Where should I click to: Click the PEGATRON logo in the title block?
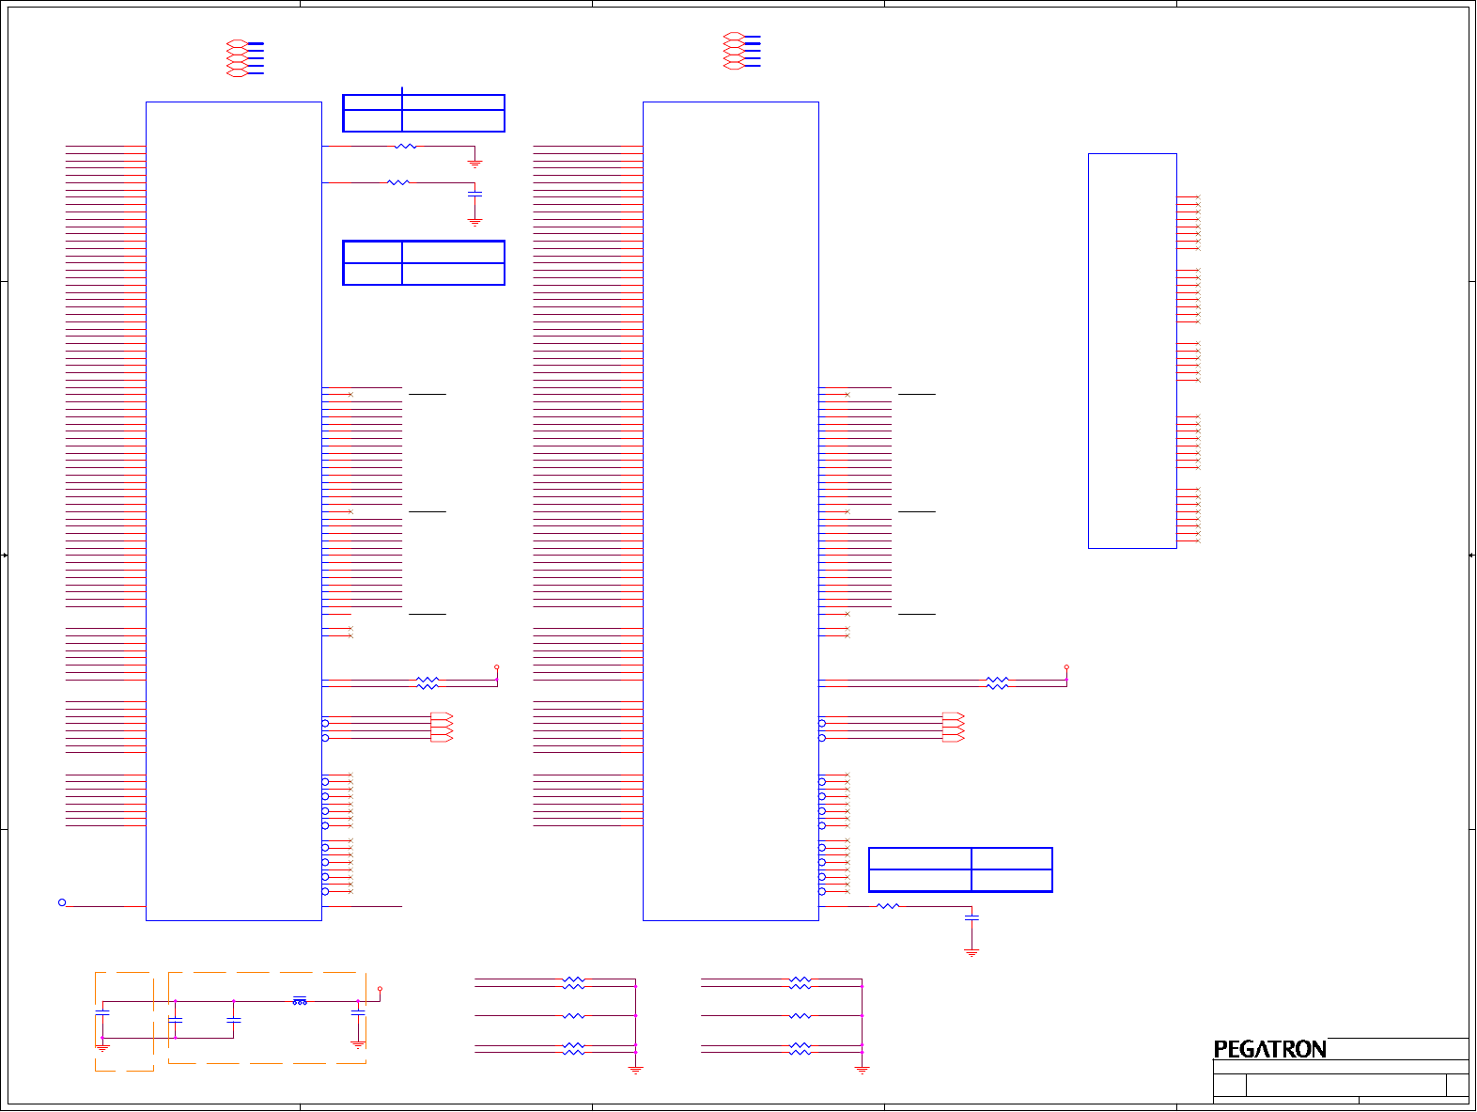pyautogui.click(x=1269, y=1049)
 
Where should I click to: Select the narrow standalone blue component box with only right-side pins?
pyautogui.click(x=1132, y=351)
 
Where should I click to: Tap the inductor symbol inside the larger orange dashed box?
pyautogui.click(x=300, y=1001)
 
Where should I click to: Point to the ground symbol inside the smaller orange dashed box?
pyautogui.click(x=103, y=1046)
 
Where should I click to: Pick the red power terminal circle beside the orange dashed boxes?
pyautogui.click(x=380, y=989)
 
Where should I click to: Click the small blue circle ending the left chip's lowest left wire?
pyautogui.click(x=62, y=902)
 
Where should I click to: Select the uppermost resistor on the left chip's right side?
pyautogui.click(x=406, y=147)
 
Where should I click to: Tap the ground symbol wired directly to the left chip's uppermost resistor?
pyautogui.click(x=474, y=164)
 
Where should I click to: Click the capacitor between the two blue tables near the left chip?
pyautogui.click(x=474, y=194)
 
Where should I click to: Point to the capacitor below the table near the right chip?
pyautogui.click(x=972, y=916)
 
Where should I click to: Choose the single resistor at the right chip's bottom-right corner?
pyautogui.click(x=888, y=906)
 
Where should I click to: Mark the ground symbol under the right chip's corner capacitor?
pyautogui.click(x=972, y=952)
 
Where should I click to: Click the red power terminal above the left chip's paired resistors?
pyautogui.click(x=497, y=667)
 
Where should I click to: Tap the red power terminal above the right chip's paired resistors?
pyautogui.click(x=1066, y=667)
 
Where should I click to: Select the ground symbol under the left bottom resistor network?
pyautogui.click(x=635, y=1070)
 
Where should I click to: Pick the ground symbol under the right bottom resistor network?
pyautogui.click(x=862, y=1070)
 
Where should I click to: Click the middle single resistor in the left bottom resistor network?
pyautogui.click(x=573, y=1016)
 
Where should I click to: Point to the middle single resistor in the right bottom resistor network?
pyautogui.click(x=800, y=1016)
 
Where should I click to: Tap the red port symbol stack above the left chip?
pyautogui.click(x=238, y=58)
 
